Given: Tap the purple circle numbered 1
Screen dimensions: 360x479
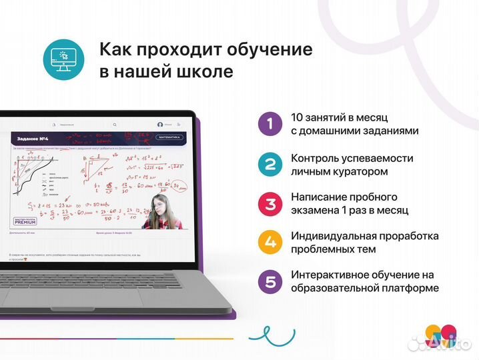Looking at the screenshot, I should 270,123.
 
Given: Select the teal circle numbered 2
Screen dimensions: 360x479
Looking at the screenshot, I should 270,163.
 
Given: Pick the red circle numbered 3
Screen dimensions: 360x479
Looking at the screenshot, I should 270,203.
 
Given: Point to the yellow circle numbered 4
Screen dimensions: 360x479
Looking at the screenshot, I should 270,242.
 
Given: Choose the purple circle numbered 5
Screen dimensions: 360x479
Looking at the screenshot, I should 270,281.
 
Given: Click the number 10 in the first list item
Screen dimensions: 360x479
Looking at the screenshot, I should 298,117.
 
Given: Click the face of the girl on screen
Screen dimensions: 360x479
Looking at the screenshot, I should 160,203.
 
